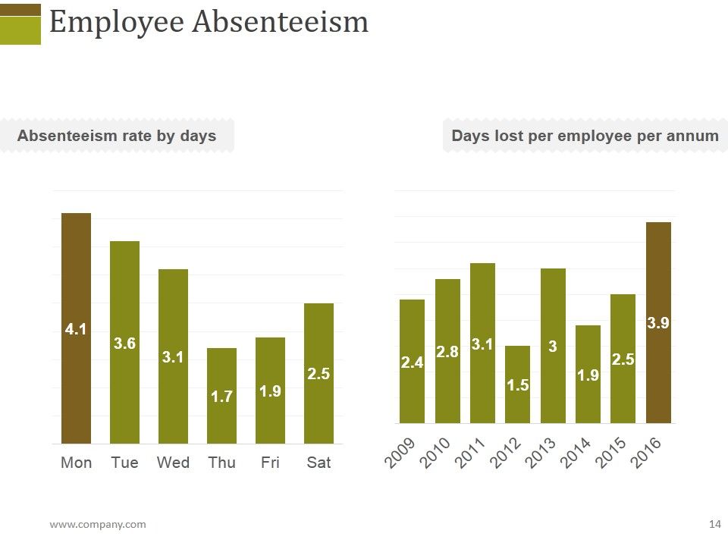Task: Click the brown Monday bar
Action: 76,328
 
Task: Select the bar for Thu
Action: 221,396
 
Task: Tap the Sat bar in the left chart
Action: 318,374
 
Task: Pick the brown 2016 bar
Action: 658,323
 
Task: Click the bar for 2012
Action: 517,384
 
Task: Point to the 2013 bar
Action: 553,346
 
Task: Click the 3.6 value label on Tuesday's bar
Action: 124,344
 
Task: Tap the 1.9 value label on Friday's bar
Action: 270,391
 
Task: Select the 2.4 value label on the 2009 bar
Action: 413,362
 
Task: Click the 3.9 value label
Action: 658,323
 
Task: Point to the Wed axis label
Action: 173,463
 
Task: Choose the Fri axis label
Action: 270,463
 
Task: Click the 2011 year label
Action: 469,453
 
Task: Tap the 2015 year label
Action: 609,453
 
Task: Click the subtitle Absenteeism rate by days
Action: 117,136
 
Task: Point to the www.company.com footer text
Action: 98,525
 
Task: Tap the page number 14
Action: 715,524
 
